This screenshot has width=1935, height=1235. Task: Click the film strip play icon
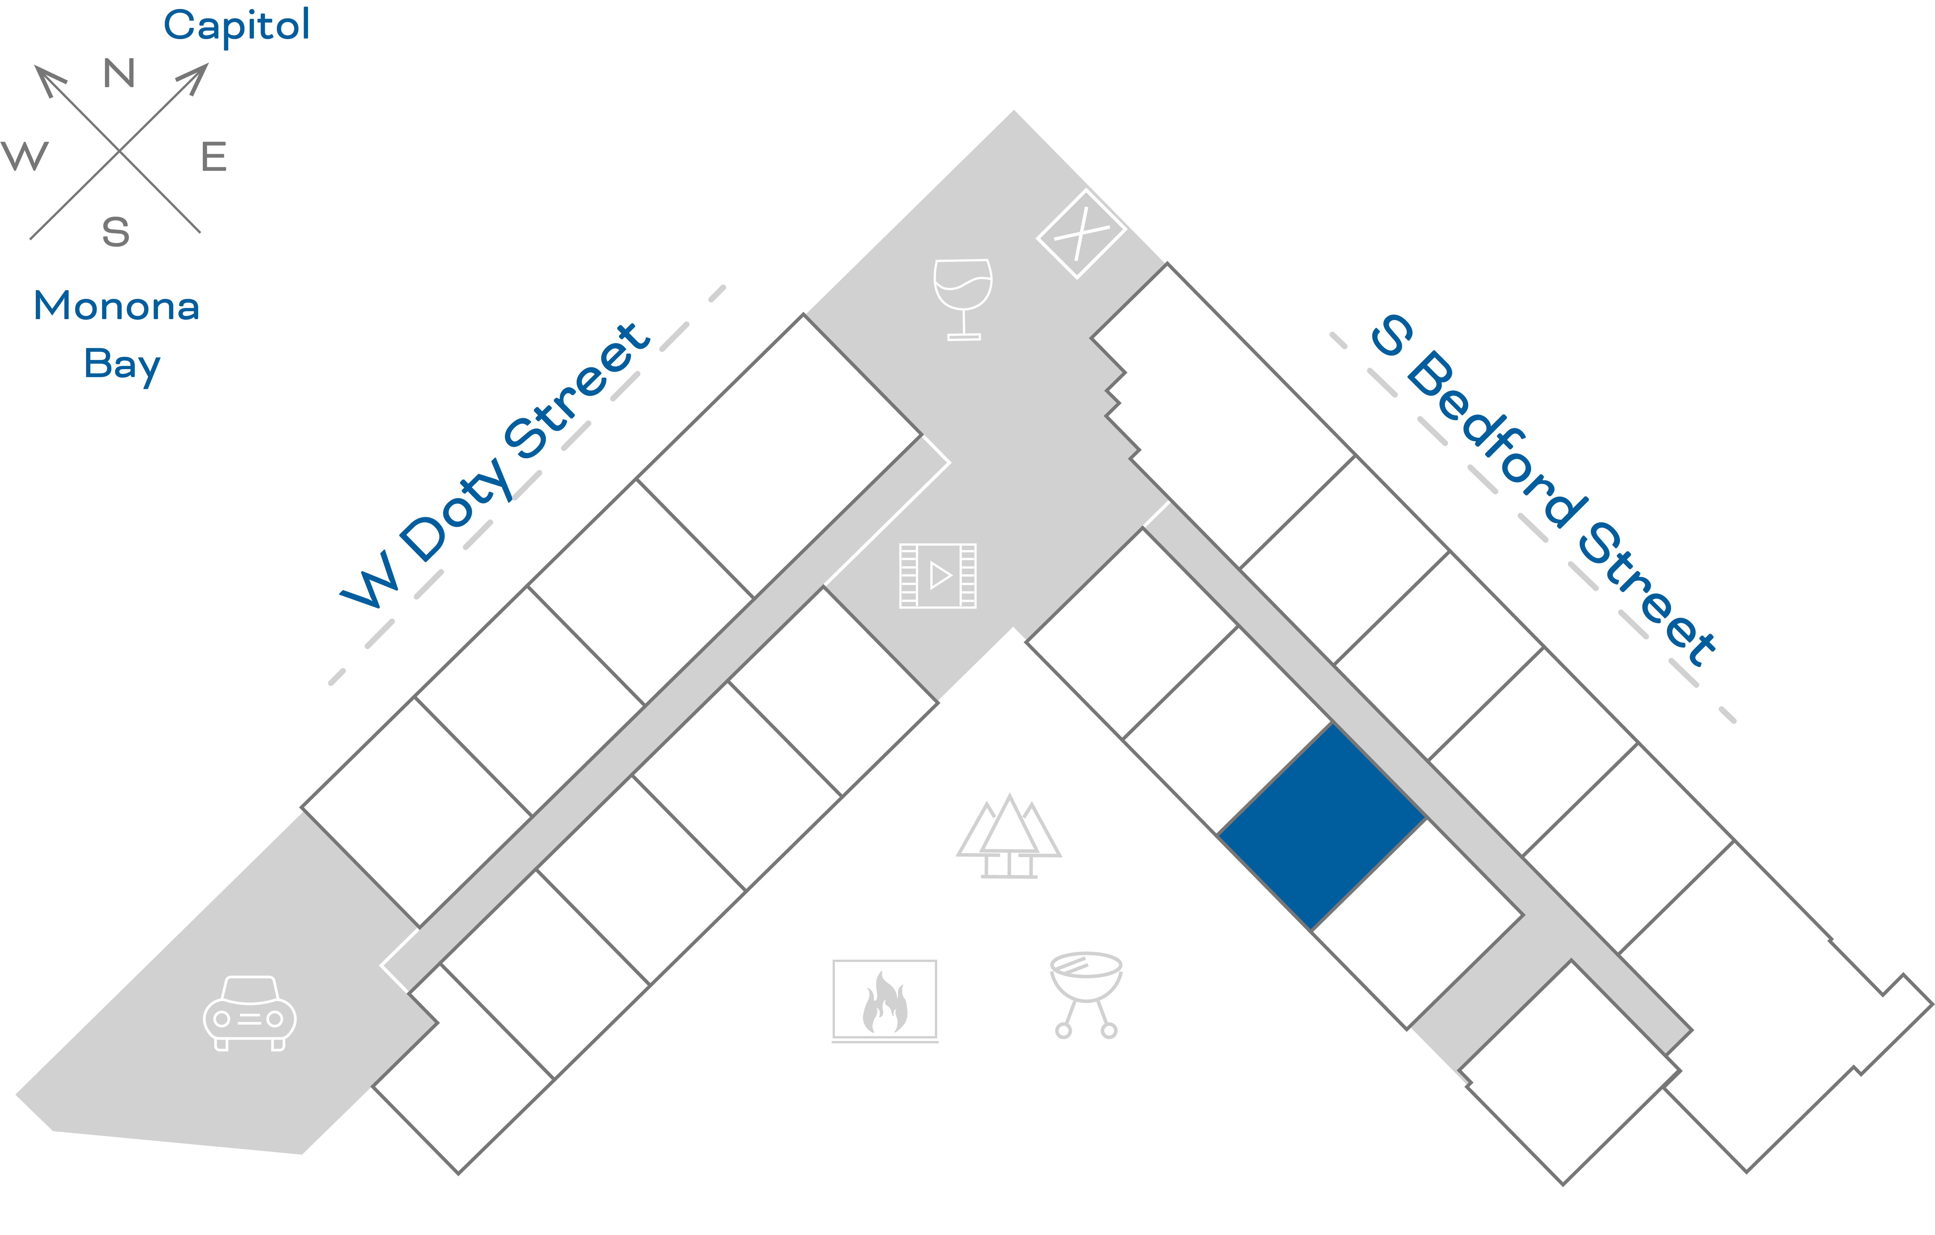[938, 575]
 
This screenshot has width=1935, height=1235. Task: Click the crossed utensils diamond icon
[1081, 234]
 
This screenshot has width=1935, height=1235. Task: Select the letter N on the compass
[119, 74]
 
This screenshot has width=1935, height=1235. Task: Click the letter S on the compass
[116, 232]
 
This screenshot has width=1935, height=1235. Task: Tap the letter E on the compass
[214, 157]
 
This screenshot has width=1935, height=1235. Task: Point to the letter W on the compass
[25, 156]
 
